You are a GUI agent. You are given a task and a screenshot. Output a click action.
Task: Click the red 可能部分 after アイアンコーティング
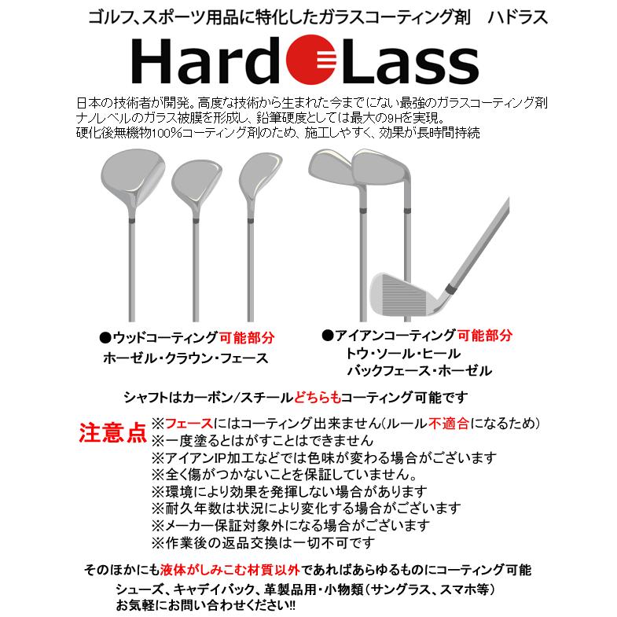(x=486, y=334)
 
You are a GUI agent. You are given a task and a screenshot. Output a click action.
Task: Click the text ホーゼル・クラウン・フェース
(x=185, y=358)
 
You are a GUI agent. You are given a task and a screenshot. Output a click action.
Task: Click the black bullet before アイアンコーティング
(x=327, y=335)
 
